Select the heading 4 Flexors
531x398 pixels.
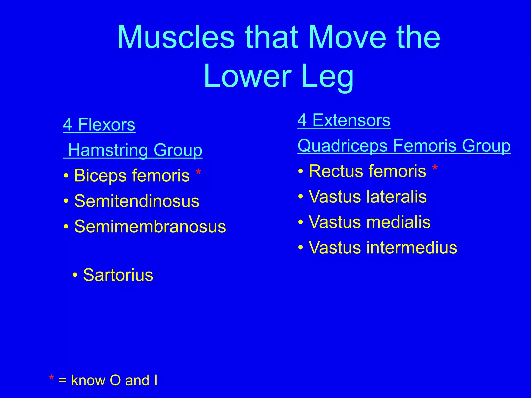99,125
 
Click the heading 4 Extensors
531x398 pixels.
344,120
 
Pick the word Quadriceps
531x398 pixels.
343,146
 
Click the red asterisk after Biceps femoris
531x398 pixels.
198,172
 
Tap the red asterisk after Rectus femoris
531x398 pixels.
435,168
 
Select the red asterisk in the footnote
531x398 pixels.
51,378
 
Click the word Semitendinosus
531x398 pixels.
137,201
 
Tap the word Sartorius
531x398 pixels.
118,275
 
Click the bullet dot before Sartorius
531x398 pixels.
75,275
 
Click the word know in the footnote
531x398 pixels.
88,380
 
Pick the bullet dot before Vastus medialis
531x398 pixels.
301,222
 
